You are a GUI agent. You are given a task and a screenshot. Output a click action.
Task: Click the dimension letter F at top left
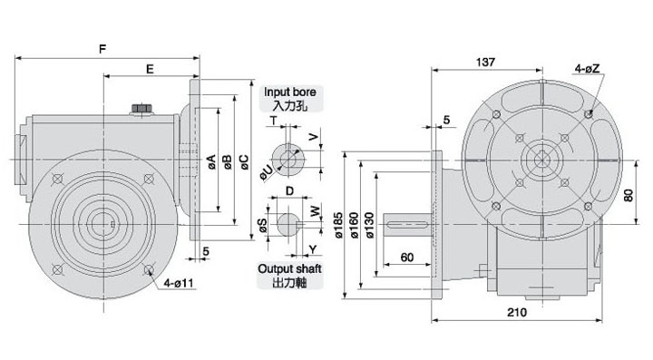(102, 49)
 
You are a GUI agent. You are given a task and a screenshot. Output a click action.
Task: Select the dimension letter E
(150, 69)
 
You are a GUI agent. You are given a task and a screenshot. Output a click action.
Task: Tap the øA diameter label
(212, 161)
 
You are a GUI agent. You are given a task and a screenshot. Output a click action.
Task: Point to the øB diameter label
(228, 162)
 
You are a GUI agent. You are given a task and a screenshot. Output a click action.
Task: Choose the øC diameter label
(244, 162)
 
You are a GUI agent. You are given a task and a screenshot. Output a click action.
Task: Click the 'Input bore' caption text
(290, 92)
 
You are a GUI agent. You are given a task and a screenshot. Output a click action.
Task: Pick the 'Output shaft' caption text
(290, 268)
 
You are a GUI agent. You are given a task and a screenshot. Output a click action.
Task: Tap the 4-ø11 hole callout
(179, 284)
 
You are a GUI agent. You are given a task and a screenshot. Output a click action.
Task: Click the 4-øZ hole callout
(587, 69)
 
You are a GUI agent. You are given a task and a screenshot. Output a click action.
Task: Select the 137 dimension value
(485, 62)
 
